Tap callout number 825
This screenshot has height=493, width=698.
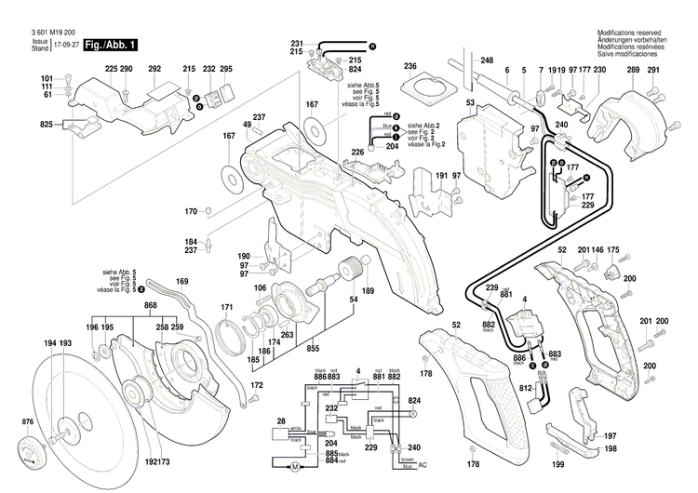[46, 125]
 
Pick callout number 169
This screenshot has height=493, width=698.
[181, 281]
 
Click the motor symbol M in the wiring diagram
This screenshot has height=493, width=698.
[295, 464]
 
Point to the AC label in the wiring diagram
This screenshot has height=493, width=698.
[424, 464]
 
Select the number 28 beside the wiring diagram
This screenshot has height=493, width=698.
[280, 422]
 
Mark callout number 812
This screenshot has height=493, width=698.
[525, 388]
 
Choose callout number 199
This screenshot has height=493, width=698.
[558, 463]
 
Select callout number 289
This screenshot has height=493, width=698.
[632, 71]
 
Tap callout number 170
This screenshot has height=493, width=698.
[190, 210]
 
